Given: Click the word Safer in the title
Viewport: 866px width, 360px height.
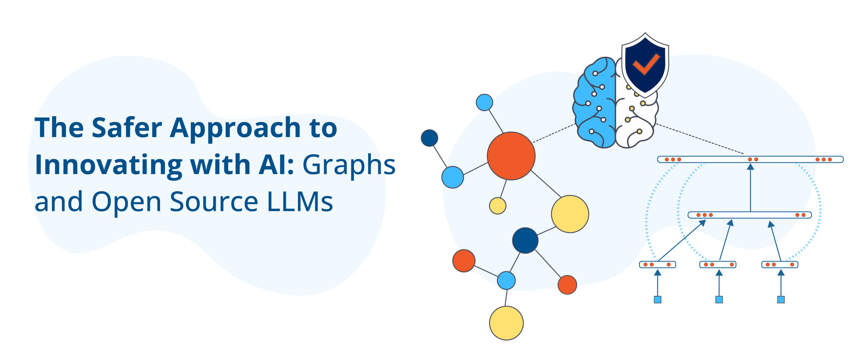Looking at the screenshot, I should point(127,128).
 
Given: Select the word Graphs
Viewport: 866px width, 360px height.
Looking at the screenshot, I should point(348,165).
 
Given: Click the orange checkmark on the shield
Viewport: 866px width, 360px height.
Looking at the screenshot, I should point(646,64).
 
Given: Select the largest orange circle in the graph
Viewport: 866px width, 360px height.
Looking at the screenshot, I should point(511,156).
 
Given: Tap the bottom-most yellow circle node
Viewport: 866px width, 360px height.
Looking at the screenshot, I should point(506,323).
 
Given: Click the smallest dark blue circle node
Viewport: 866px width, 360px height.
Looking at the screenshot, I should point(429,138).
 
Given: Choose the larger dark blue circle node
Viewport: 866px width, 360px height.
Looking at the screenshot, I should point(525,240).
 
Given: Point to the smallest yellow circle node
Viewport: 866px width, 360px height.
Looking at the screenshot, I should point(498,206).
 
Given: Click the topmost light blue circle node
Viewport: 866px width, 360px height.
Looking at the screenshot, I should point(484,102).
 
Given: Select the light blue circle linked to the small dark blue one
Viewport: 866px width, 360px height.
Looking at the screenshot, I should point(452,177).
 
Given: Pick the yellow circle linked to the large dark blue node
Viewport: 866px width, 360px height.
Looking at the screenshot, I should point(570,214).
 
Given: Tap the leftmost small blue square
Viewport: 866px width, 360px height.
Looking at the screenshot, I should point(657,299).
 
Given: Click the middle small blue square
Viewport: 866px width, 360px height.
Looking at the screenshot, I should point(719,299).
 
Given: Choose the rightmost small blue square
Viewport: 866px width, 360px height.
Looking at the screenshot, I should point(781,299).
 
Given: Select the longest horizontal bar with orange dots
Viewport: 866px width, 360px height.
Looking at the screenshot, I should point(750,159).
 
